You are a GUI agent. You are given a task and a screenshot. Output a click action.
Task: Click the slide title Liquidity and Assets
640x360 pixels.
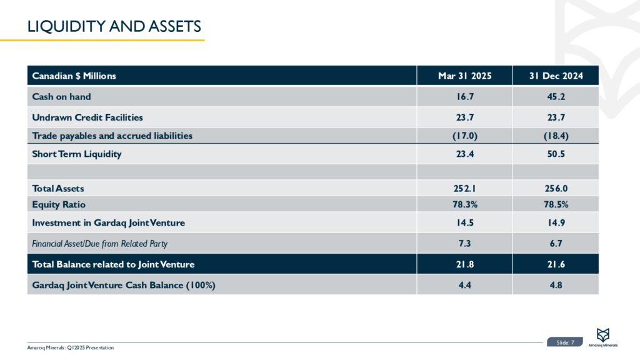(x=114, y=26)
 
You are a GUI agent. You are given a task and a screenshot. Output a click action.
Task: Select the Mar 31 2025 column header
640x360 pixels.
(x=464, y=76)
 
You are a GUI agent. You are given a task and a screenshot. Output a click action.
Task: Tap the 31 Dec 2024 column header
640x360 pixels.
(x=556, y=76)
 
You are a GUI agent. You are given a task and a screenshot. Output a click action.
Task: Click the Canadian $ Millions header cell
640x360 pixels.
(x=74, y=76)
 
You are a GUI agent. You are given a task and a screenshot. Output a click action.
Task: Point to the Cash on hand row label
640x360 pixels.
(x=61, y=97)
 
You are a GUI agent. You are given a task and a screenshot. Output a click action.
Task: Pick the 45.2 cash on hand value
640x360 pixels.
(x=556, y=97)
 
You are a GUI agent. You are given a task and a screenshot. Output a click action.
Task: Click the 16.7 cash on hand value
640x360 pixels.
(x=464, y=97)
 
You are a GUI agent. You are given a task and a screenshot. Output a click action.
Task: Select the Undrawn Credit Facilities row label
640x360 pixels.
(x=87, y=117)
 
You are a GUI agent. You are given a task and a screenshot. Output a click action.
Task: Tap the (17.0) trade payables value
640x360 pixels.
(x=464, y=136)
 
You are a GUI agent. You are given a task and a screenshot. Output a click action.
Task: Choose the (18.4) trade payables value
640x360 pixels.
(x=556, y=136)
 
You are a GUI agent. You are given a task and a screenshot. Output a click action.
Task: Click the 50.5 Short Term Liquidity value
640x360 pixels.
(x=556, y=154)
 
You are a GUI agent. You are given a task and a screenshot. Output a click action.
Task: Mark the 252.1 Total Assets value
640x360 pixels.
(x=464, y=188)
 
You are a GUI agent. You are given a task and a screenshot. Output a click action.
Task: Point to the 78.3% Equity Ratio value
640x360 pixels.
(x=464, y=204)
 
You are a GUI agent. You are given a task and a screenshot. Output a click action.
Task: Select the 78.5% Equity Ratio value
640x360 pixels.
(x=556, y=204)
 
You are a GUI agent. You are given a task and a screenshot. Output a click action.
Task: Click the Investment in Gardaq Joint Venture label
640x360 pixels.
(x=108, y=222)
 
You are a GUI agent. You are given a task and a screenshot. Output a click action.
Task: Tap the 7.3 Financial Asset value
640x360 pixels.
(x=464, y=243)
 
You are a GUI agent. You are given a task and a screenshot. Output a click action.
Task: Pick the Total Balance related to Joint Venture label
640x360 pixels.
(x=113, y=264)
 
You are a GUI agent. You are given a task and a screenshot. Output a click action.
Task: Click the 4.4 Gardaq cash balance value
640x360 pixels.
(x=464, y=285)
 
